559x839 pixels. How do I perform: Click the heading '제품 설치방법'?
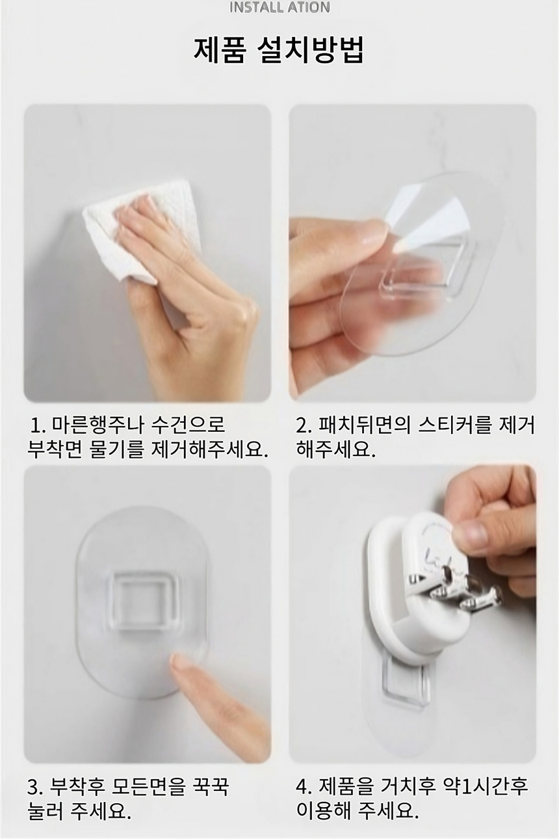[279, 49]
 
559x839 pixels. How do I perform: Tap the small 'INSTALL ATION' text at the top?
[279, 7]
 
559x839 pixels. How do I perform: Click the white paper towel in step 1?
[142, 230]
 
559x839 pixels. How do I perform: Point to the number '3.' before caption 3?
[36, 779]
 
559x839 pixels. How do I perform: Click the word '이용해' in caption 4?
[324, 801]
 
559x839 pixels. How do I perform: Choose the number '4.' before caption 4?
[304, 779]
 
